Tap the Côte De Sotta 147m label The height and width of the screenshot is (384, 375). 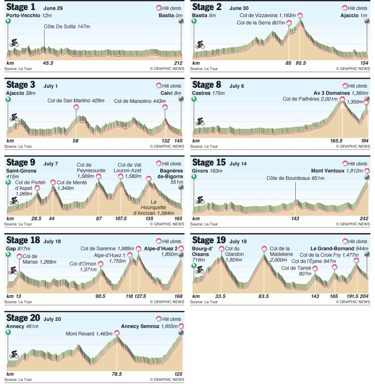64,26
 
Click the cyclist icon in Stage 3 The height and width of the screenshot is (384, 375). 14,117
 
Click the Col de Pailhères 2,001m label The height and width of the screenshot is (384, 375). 310,99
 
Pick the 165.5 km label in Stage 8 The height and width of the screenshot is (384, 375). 336,141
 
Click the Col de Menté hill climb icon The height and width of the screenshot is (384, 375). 53,182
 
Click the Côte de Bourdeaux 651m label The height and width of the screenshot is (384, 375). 295,178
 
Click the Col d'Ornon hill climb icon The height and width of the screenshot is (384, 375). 101,264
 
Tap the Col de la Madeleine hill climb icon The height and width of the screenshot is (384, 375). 264,249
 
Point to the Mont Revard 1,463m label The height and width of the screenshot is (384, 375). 89,334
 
